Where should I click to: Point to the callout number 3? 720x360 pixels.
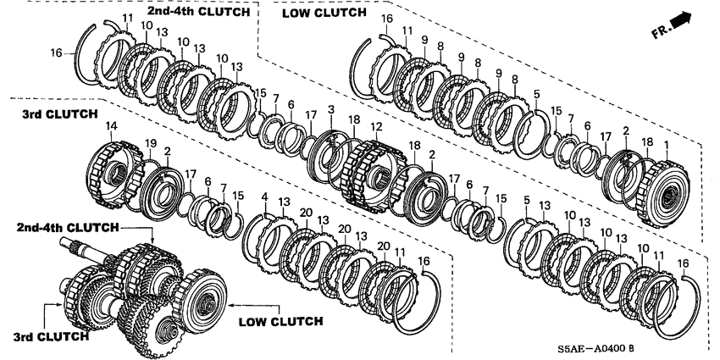pos(331,110)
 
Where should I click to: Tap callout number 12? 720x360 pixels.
pos(376,127)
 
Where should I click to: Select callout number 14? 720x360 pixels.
pos(110,128)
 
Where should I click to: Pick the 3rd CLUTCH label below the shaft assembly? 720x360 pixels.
pos(50,336)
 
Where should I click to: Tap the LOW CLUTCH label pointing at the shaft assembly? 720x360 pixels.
pos(280,321)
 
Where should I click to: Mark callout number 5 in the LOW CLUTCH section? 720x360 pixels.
pos(535,94)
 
